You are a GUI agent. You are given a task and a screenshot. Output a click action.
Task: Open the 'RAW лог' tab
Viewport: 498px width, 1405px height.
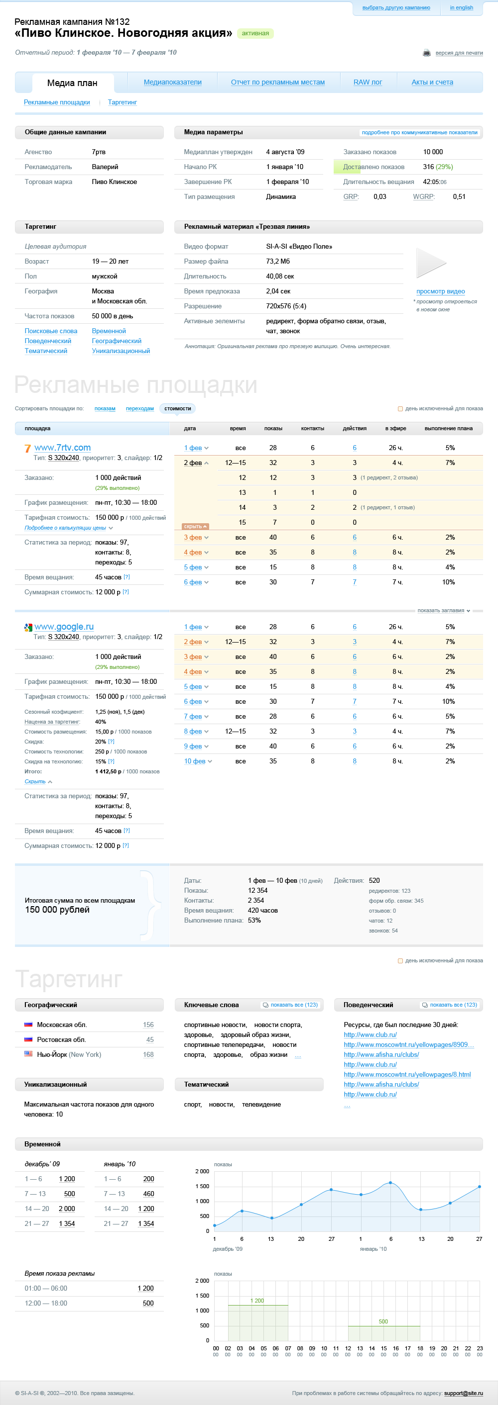point(368,83)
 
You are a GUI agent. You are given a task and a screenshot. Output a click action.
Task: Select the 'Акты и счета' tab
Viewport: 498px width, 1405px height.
point(432,83)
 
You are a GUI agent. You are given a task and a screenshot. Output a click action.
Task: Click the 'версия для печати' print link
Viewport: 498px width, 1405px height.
point(459,53)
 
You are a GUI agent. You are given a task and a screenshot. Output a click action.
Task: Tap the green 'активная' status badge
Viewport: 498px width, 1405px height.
point(255,33)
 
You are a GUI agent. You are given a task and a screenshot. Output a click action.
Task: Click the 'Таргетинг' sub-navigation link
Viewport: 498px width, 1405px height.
point(123,102)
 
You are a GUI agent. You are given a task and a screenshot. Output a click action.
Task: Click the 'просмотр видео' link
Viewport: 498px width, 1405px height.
point(440,291)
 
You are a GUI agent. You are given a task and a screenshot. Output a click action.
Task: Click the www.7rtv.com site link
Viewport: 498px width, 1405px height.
point(62,447)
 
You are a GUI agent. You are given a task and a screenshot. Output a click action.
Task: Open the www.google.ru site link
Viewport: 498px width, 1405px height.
point(64,627)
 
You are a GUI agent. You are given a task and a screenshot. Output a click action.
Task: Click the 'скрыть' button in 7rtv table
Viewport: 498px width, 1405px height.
point(195,526)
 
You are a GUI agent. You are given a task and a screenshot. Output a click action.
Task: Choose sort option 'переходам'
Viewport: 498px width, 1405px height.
point(140,408)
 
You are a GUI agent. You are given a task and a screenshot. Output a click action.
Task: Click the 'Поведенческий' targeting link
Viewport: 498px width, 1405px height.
point(47,341)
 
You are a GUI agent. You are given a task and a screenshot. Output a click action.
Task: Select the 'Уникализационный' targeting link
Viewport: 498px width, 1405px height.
point(121,351)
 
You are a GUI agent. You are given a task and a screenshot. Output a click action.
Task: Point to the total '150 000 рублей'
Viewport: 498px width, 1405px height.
point(57,909)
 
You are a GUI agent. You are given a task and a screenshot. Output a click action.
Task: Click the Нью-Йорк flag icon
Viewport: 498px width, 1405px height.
point(28,1054)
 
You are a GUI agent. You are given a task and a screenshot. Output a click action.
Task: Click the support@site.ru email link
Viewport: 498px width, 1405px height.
point(463,1393)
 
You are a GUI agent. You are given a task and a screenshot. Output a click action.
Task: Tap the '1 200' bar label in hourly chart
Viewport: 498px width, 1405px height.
point(256,1300)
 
